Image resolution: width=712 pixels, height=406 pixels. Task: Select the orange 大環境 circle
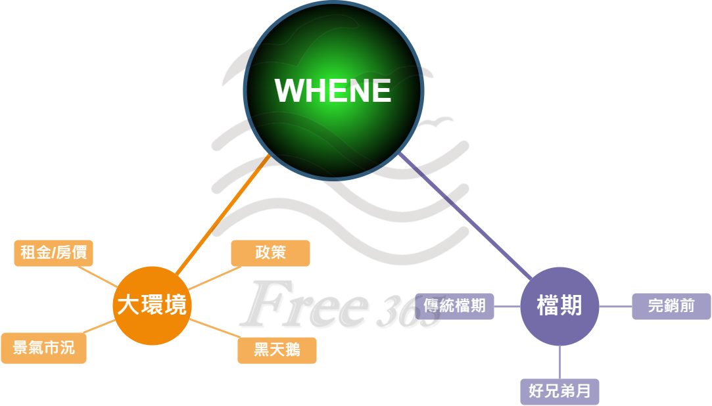[152, 305]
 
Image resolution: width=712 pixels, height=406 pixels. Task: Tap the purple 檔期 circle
[559, 306]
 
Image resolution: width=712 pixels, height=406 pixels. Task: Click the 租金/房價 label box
[53, 253]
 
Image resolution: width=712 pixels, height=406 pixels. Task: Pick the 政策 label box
[270, 253]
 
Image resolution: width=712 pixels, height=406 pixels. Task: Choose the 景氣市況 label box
[43, 348]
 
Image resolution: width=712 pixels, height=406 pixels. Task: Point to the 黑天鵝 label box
[277, 350]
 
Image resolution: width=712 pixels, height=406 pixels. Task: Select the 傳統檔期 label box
[455, 306]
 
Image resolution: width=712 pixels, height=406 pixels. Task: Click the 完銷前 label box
[671, 306]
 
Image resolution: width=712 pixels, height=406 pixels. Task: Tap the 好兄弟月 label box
[559, 392]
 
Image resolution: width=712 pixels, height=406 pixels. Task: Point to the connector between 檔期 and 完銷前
[615, 306]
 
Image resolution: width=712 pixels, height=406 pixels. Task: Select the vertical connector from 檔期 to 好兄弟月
[559, 362]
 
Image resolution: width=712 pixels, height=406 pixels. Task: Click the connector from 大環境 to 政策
[210, 279]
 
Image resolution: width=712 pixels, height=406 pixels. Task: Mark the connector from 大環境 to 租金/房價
[97, 277]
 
